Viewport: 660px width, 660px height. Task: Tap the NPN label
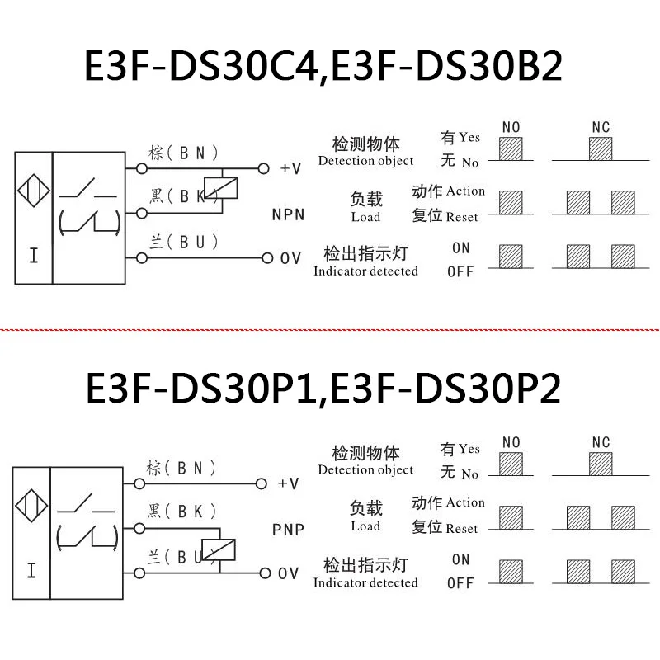pyautogui.click(x=288, y=214)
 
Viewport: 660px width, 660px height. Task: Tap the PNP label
pyautogui.click(x=288, y=529)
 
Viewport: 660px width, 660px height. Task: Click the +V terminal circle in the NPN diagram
pyautogui.click(x=264, y=168)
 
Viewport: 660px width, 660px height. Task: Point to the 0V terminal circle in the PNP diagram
pyautogui.click(x=264, y=573)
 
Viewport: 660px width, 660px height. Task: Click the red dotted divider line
pyautogui.click(x=330, y=327)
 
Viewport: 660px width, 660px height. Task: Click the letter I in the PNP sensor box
pyautogui.click(x=31, y=569)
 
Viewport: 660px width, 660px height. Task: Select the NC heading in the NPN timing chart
pyautogui.click(x=601, y=127)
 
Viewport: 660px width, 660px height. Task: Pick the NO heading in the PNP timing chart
pyautogui.click(x=511, y=443)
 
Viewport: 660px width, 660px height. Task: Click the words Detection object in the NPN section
pyautogui.click(x=365, y=161)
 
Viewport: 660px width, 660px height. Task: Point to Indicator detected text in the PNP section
pyautogui.click(x=365, y=583)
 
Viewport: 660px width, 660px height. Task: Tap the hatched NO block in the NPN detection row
pyautogui.click(x=511, y=148)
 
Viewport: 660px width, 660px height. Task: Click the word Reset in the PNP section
pyautogui.click(x=461, y=529)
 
